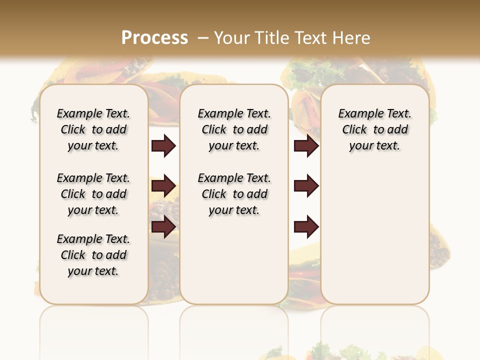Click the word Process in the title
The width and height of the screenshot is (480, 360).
click(x=154, y=37)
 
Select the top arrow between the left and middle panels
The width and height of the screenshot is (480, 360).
click(x=163, y=146)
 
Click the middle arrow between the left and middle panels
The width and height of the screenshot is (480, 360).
click(x=163, y=186)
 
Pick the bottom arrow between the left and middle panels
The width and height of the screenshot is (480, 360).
click(x=163, y=227)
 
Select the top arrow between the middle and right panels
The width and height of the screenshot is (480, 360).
click(x=306, y=146)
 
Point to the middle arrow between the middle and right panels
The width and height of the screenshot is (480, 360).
click(x=306, y=186)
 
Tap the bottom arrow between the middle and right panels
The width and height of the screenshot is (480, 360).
click(x=306, y=227)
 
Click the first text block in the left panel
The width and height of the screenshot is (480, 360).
click(x=93, y=129)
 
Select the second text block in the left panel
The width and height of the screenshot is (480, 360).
click(x=93, y=194)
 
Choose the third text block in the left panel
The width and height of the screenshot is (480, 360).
click(x=93, y=255)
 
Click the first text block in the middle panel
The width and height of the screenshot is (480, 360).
click(x=234, y=129)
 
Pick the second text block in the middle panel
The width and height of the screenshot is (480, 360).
click(x=234, y=194)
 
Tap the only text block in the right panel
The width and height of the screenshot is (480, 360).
click(x=375, y=129)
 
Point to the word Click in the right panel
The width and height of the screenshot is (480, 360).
click(x=354, y=129)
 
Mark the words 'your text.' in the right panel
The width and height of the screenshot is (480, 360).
click(x=374, y=145)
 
